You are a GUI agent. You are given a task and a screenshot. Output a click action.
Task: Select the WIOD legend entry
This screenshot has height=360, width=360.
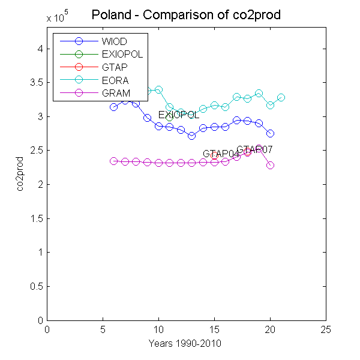click(x=115, y=41)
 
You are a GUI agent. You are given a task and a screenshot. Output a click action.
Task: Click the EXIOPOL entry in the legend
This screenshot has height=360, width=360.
click(x=122, y=54)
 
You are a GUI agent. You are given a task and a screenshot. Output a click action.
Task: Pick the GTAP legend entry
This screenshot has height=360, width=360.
click(x=115, y=67)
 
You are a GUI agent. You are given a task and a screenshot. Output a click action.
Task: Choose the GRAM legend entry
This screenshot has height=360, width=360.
click(x=116, y=93)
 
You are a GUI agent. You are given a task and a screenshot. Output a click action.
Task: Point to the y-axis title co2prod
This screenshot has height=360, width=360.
click(x=21, y=174)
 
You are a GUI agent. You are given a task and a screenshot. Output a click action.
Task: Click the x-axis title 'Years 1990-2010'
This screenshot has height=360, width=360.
click(x=186, y=343)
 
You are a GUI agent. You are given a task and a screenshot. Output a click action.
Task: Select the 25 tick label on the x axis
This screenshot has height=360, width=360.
click(x=326, y=329)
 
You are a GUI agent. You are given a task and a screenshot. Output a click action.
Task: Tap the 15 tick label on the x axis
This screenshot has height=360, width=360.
click(x=214, y=329)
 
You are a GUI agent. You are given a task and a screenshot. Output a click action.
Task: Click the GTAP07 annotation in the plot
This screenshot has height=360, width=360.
click(x=255, y=149)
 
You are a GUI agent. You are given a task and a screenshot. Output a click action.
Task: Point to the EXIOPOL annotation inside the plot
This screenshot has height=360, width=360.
click(x=179, y=115)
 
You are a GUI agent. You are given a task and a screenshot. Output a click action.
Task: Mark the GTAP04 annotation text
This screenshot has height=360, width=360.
click(x=221, y=154)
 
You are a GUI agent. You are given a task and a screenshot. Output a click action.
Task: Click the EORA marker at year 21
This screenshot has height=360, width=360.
click(x=281, y=97)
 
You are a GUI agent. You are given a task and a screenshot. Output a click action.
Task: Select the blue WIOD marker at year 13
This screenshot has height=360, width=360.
click(x=191, y=136)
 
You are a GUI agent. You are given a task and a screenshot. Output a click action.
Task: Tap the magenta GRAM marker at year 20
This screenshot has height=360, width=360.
click(x=270, y=165)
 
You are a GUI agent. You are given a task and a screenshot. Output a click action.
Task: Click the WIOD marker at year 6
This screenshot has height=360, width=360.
click(x=113, y=107)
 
